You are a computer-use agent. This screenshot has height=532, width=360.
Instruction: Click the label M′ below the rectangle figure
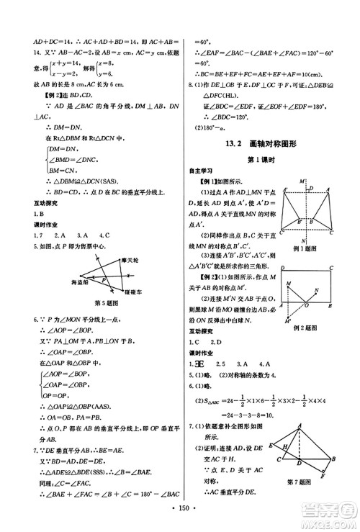[284, 320]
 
